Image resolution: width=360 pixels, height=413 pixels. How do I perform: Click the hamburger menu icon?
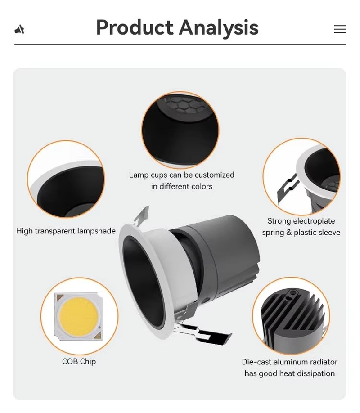click(x=340, y=29)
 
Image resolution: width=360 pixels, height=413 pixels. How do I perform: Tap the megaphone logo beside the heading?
click(x=19, y=29)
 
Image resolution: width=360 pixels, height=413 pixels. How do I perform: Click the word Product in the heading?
click(x=135, y=27)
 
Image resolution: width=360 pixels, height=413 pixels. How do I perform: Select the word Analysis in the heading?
click(x=219, y=28)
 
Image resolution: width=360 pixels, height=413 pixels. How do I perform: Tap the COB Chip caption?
click(x=79, y=361)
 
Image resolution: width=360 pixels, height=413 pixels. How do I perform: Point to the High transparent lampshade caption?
click(x=66, y=231)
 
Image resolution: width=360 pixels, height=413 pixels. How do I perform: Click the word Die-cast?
click(x=256, y=362)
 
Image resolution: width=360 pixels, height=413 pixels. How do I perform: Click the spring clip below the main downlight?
click(x=203, y=333)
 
